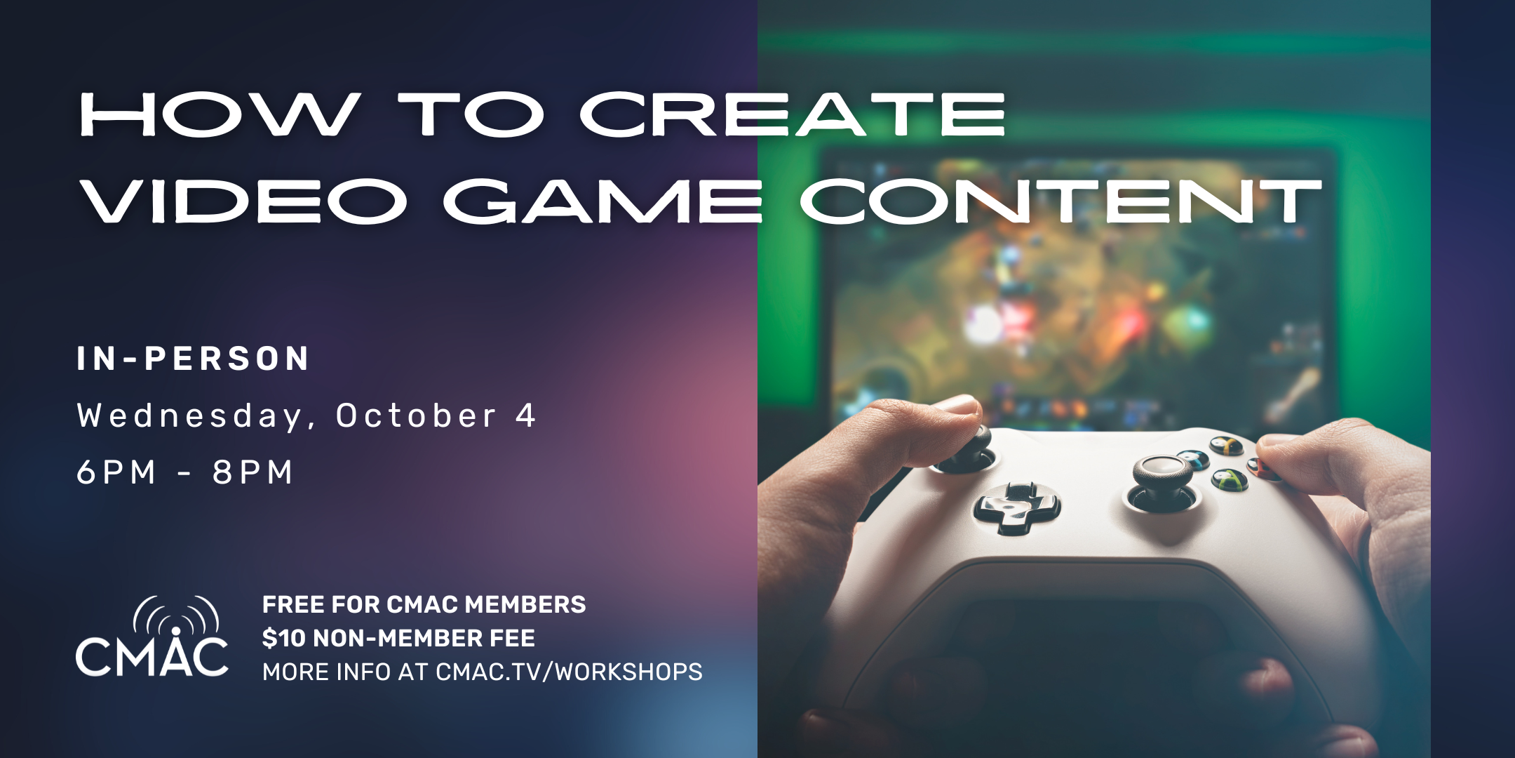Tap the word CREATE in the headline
click(x=793, y=114)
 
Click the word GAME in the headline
click(x=603, y=201)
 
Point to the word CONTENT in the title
click(x=1060, y=201)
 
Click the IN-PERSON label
click(x=193, y=359)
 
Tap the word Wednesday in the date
click(x=189, y=416)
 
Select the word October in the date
click(x=417, y=415)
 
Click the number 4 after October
click(x=525, y=415)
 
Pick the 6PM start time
click(x=116, y=472)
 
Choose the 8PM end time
click(x=252, y=472)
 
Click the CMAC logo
click(x=152, y=637)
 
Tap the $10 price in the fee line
click(x=283, y=638)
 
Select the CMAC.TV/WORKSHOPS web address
click(x=569, y=672)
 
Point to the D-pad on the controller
click(x=1016, y=507)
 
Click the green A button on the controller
click(x=1230, y=480)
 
